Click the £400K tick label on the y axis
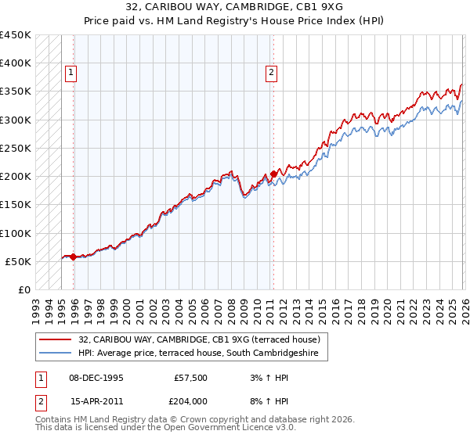coord(15,63)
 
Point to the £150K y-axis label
coord(15,204)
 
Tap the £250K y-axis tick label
coord(15,148)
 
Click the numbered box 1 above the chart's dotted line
coord(70,74)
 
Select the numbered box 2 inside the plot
coord(271,74)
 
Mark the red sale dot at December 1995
coord(74,257)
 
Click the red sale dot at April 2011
coord(273,174)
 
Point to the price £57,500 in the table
coord(190,377)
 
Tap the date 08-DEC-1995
coord(96,377)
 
